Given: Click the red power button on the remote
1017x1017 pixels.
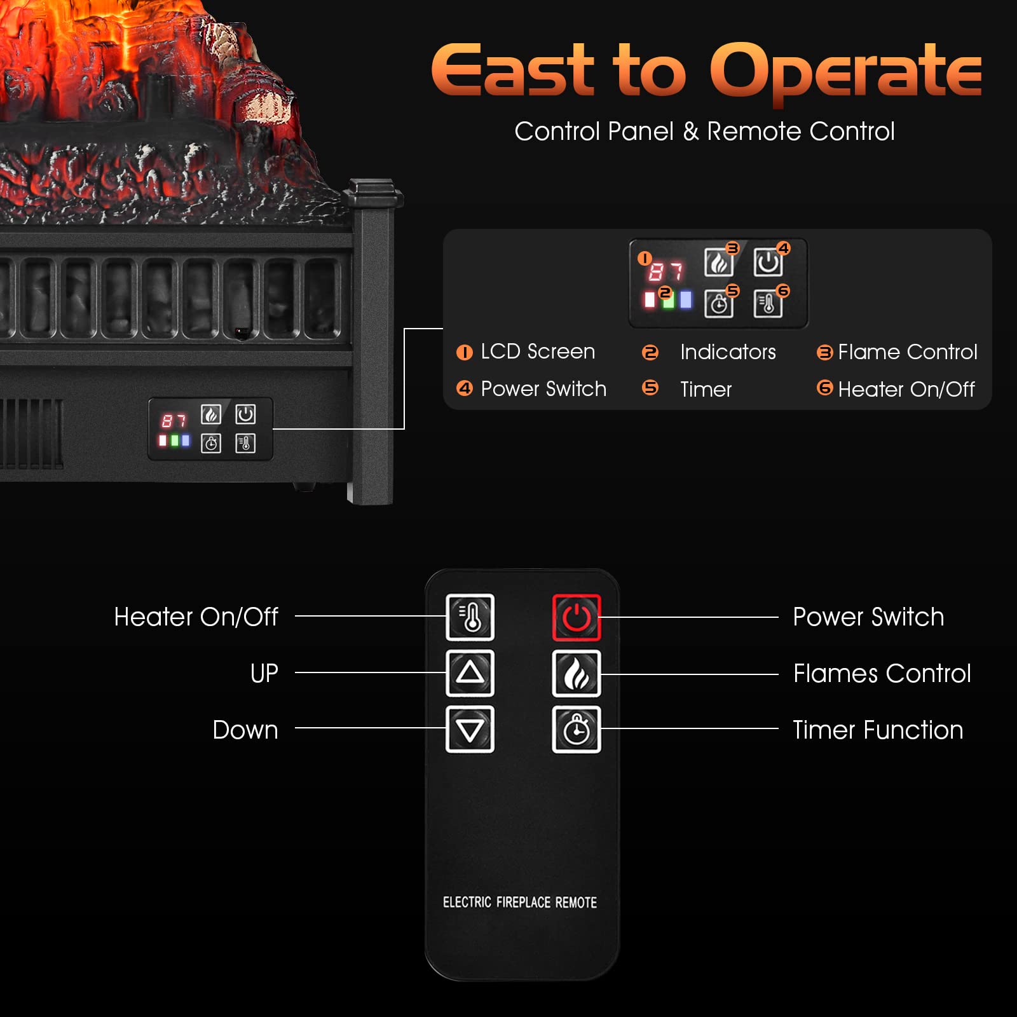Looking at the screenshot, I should (576, 617).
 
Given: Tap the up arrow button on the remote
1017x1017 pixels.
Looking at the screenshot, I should (470, 672).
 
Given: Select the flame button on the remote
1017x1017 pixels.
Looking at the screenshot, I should (576, 673).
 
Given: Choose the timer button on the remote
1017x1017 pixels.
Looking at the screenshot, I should (576, 729).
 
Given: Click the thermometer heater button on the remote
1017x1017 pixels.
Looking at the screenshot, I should (470, 617).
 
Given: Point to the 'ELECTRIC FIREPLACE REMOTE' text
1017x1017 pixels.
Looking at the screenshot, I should (519, 902).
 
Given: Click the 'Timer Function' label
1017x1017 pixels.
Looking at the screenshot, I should (878, 730).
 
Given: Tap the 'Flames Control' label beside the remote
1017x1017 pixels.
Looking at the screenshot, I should (882, 673).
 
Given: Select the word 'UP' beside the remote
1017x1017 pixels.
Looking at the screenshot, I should (264, 673).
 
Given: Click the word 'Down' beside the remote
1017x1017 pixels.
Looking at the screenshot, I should (245, 730).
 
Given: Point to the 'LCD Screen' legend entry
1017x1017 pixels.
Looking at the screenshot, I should (538, 352).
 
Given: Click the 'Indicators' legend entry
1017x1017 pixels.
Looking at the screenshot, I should (728, 352).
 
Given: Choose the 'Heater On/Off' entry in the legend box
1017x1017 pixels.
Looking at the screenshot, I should (906, 389).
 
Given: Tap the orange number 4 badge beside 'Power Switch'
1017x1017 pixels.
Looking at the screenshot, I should (465, 388).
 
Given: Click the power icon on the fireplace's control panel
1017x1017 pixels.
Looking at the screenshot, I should (245, 414).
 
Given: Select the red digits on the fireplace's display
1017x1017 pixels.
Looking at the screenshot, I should (173, 420).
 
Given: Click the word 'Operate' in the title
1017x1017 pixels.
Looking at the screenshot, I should (845, 71).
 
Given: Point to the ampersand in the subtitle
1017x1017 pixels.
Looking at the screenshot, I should (690, 132).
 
